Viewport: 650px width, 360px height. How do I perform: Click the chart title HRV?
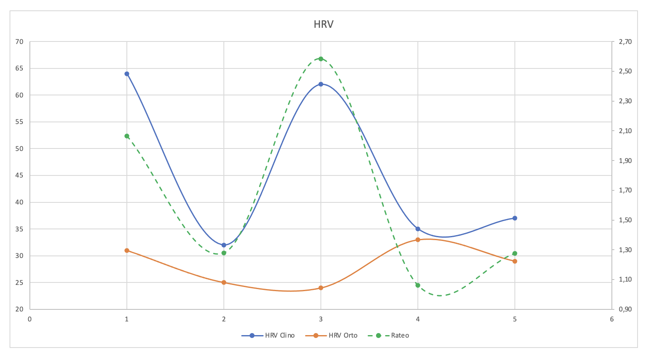click(x=323, y=24)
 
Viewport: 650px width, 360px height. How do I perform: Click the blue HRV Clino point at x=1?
click(x=127, y=74)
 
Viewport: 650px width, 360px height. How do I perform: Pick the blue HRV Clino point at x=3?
click(x=321, y=84)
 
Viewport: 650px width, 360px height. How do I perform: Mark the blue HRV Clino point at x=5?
click(x=515, y=218)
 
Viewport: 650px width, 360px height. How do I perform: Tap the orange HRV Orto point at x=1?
click(x=127, y=251)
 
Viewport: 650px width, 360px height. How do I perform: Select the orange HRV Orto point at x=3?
click(x=321, y=288)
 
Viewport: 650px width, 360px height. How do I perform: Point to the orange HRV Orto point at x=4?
click(x=418, y=240)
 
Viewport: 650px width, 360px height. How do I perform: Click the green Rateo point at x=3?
click(x=321, y=59)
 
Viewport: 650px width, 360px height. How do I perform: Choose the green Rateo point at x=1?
click(x=127, y=136)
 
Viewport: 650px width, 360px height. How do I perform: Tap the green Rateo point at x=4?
click(x=418, y=285)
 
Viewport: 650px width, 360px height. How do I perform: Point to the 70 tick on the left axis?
click(x=20, y=41)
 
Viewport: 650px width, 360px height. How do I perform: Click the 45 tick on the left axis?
click(x=20, y=175)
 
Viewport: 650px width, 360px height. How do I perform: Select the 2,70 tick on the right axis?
click(x=625, y=41)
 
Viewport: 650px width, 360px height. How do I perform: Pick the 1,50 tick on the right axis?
click(x=625, y=220)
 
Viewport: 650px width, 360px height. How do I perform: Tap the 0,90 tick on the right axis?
click(x=625, y=309)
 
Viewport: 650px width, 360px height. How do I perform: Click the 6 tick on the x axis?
click(x=612, y=319)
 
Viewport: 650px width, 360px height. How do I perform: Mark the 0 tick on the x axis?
click(x=30, y=319)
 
